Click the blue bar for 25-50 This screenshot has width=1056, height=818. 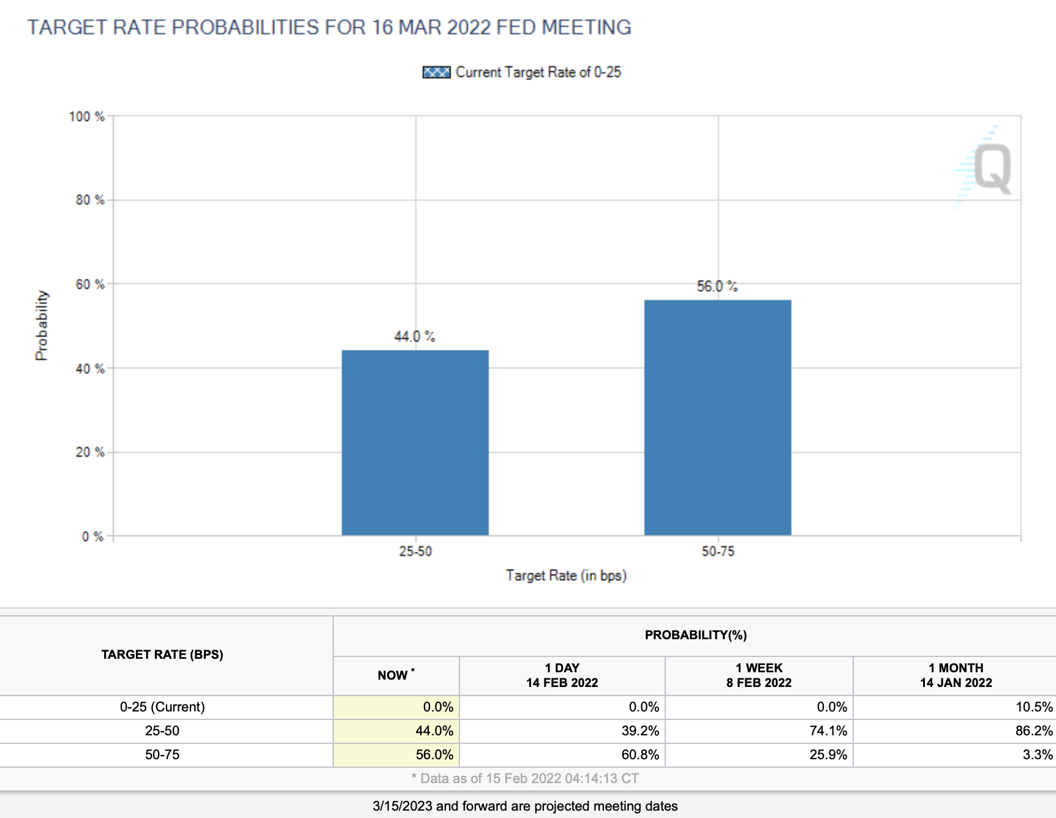(x=415, y=443)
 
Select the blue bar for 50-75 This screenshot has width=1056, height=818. (x=717, y=418)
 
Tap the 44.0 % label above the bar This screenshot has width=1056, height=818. (x=415, y=337)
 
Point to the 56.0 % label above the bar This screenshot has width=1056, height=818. (x=717, y=287)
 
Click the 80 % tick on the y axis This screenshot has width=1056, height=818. (x=90, y=200)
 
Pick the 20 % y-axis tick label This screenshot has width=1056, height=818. (x=90, y=452)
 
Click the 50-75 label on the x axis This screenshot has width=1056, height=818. (x=718, y=552)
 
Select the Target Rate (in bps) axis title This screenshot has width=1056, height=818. (x=566, y=576)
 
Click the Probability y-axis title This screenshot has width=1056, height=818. (x=41, y=325)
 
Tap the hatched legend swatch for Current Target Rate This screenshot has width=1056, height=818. (x=436, y=72)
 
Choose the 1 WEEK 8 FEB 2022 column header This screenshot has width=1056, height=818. (x=759, y=675)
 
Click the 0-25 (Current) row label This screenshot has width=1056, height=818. (x=162, y=707)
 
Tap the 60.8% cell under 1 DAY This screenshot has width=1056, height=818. (x=640, y=755)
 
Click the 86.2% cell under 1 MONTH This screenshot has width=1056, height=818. (x=1033, y=731)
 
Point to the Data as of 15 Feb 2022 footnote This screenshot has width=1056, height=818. (x=526, y=779)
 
